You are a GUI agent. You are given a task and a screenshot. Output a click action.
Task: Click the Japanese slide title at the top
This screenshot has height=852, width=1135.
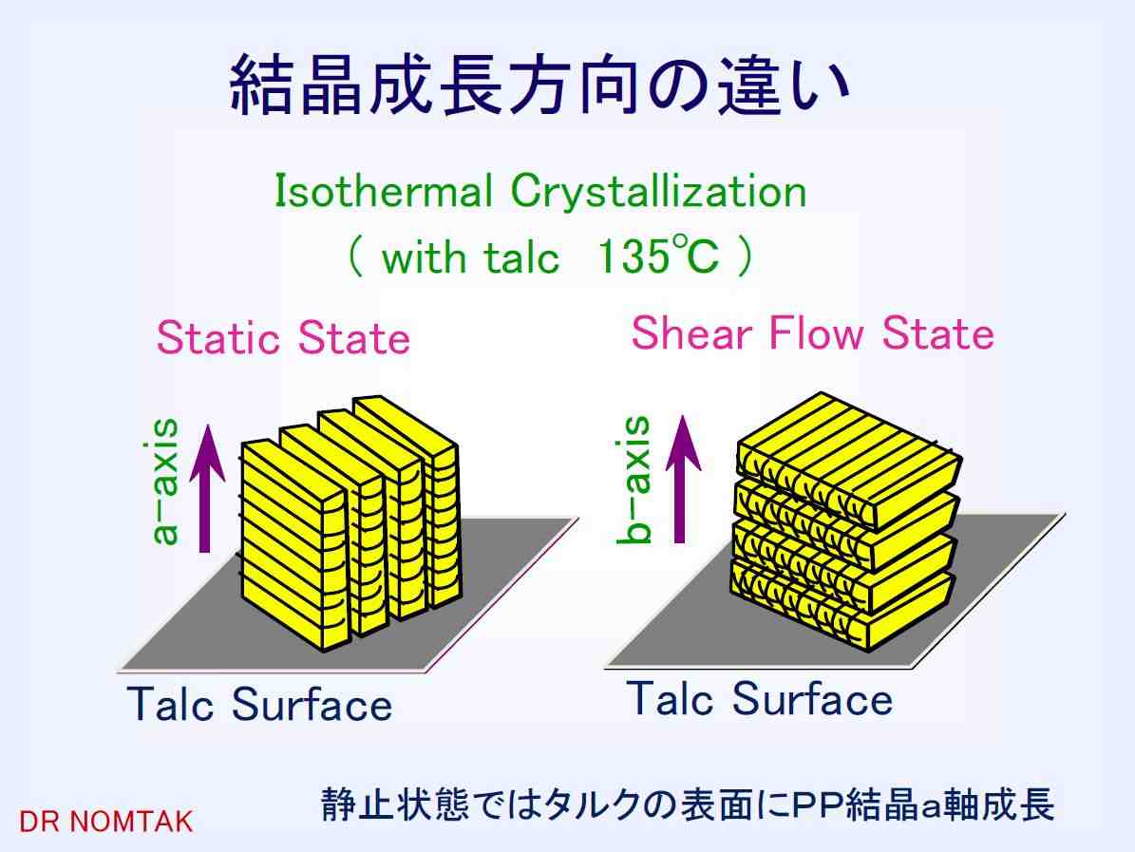(x=539, y=85)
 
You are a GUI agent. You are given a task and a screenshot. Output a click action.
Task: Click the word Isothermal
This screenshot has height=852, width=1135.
(x=383, y=192)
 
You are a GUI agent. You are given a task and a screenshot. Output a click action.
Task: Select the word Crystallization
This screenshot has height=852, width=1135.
(x=659, y=192)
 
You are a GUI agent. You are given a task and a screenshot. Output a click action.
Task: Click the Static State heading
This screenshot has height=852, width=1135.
(x=283, y=337)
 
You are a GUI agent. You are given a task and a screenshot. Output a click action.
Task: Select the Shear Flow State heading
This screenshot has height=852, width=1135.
(x=812, y=333)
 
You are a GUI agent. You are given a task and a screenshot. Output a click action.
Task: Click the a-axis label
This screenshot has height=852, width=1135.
(x=163, y=482)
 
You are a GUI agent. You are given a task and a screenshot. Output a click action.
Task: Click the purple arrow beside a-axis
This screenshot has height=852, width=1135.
(x=207, y=488)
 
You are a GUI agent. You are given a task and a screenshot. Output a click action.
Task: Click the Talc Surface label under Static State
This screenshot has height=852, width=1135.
(x=259, y=704)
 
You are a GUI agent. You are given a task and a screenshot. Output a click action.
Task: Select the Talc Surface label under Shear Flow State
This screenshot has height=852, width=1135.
(x=760, y=698)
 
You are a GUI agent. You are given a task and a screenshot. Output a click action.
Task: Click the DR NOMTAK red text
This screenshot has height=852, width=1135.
(x=105, y=822)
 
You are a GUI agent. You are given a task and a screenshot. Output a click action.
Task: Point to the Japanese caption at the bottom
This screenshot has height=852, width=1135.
(x=687, y=805)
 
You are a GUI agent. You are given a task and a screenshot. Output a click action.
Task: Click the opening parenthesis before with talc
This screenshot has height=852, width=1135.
(x=354, y=256)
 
